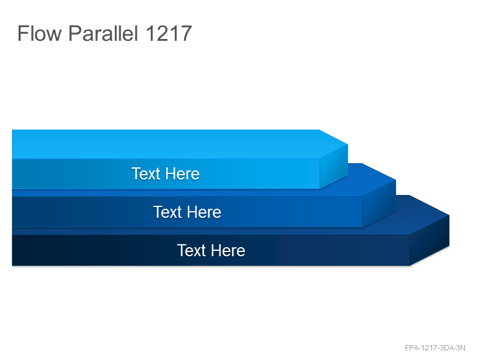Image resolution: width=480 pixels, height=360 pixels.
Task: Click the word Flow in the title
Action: coord(40,33)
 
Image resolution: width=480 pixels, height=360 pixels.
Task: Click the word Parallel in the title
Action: coord(103,33)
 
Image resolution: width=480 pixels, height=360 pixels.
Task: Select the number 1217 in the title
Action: coord(169,34)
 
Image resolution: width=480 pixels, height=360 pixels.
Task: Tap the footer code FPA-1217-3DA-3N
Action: coord(435,348)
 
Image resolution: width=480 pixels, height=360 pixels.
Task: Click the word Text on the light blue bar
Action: coord(146,173)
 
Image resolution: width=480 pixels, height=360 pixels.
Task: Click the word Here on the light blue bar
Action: coord(183,174)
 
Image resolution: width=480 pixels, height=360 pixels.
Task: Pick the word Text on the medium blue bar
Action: coord(167,212)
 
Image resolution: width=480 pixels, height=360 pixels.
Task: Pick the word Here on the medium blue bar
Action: coord(204,212)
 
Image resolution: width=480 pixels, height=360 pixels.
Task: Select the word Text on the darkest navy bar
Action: coord(191,250)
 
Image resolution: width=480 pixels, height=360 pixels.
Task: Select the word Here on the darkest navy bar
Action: coord(228,251)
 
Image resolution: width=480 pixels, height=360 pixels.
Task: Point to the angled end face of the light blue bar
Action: coord(334,166)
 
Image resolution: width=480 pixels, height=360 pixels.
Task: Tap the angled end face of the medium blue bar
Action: coord(379,203)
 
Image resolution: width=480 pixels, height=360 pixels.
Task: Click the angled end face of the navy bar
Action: coord(430,240)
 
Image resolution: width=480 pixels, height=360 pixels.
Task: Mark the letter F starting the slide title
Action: coord(23,33)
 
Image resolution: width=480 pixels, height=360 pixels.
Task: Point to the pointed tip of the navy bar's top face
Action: coord(449,215)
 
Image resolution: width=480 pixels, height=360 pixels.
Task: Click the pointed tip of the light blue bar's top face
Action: coord(348,144)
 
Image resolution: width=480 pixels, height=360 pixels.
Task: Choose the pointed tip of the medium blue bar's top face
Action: coord(396,179)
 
